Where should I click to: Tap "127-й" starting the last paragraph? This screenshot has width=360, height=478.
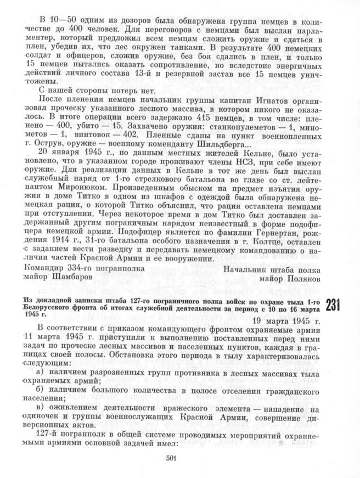pyautogui.click(x=47, y=433)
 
